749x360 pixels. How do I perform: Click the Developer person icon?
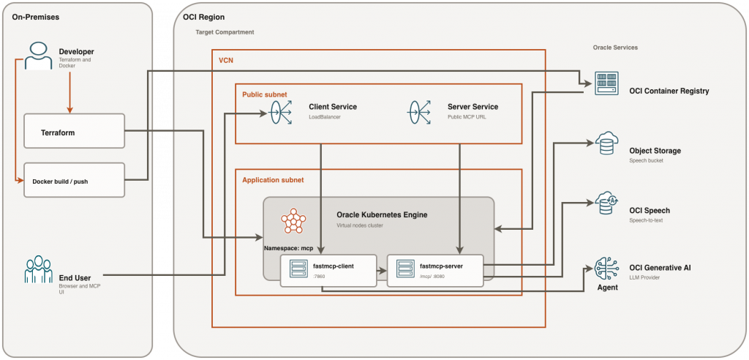37,56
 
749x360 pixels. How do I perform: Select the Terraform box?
74,133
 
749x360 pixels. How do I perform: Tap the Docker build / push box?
74,180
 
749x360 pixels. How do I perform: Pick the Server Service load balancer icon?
420,111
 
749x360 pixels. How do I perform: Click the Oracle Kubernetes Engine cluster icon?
293,220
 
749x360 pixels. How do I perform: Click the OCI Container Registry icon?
606,85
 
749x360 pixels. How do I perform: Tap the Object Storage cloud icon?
607,144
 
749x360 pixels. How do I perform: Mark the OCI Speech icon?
607,204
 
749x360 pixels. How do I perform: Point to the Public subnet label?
265,94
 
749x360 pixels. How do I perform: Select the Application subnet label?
273,179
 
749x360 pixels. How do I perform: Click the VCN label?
226,60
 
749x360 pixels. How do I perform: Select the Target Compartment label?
225,33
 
